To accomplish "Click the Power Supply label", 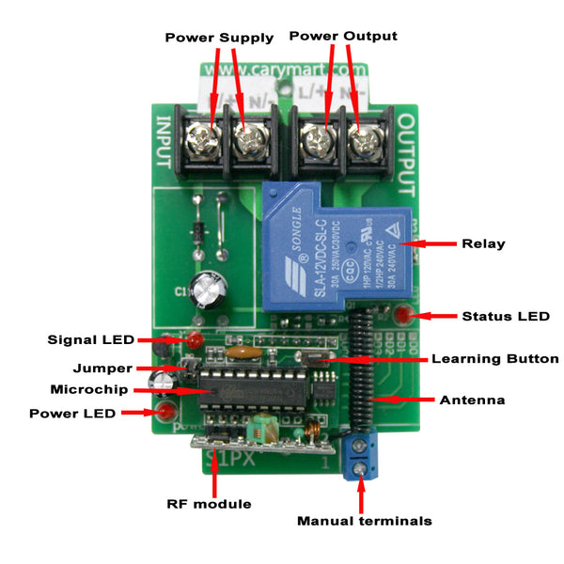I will tap(219, 38).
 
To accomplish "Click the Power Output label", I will tap(342, 36).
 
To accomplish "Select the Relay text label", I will tap(483, 243).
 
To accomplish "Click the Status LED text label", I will tap(506, 316).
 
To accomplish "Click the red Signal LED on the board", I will tap(195, 339).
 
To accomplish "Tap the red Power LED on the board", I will tap(166, 412).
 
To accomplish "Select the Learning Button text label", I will tap(494, 358).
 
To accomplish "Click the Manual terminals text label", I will tap(364, 520).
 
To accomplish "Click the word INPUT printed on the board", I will tap(163, 142).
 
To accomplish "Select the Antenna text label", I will tap(472, 399).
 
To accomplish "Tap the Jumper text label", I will tap(103, 368).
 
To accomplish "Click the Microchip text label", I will tap(90, 388).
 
